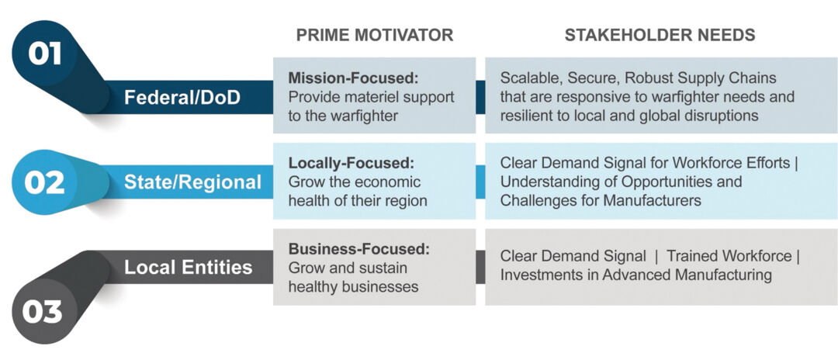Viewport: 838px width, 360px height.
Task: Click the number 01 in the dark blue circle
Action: click(45, 54)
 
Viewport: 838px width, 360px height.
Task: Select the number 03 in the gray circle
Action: click(43, 312)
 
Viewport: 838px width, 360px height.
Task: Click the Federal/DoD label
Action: click(182, 98)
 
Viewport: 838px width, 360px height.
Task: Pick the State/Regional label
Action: click(193, 182)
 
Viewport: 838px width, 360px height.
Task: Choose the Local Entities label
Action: click(189, 268)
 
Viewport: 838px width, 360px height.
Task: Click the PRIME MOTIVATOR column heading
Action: click(374, 36)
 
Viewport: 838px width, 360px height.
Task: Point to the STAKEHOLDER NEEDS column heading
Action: click(660, 36)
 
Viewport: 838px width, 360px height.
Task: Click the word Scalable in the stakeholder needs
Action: click(528, 79)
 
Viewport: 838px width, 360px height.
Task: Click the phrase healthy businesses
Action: click(353, 286)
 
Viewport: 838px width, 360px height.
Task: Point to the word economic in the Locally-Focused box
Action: click(387, 182)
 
